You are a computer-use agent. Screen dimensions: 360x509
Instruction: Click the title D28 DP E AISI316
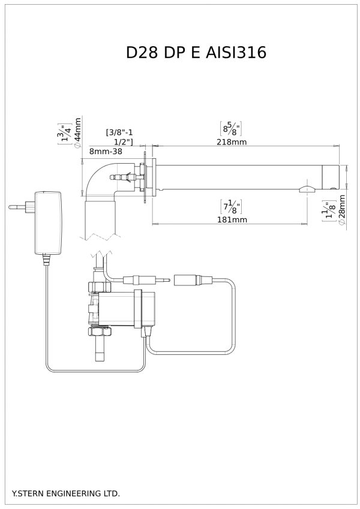coord(196,52)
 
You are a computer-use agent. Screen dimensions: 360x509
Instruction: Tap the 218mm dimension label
coord(232,142)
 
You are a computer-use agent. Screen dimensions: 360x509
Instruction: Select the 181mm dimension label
coord(232,219)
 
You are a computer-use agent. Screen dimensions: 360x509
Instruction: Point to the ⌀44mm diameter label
coord(77,132)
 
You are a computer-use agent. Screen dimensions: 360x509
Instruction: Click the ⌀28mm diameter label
coord(341,209)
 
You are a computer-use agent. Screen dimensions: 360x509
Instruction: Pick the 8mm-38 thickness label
coord(106,151)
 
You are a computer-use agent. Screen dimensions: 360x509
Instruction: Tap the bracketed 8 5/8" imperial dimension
coord(230,128)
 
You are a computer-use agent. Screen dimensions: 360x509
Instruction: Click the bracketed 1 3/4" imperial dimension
coord(65,134)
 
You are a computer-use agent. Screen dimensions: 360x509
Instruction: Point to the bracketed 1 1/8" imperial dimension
coord(328,212)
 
